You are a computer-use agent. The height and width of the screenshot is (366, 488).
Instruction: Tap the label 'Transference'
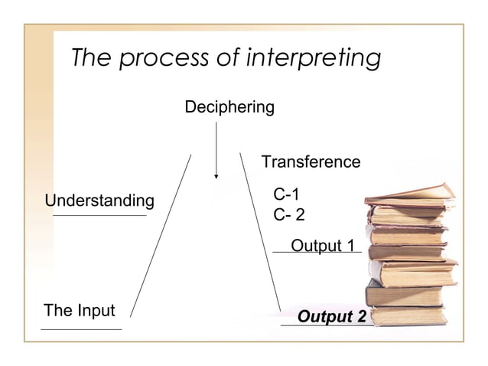click(311, 162)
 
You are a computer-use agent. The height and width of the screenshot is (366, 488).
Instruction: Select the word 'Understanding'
click(99, 201)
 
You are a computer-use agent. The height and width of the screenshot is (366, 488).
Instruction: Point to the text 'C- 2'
click(289, 215)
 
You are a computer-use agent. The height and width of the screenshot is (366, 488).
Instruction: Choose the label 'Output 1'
click(324, 246)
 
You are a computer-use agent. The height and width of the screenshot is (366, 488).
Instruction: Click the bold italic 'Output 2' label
click(330, 317)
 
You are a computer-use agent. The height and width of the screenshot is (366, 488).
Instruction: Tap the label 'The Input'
click(80, 311)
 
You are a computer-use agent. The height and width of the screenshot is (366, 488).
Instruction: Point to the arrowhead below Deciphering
click(216, 175)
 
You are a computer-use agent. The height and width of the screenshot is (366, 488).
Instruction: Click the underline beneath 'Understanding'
click(99, 216)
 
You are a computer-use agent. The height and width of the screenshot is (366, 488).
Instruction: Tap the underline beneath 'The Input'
click(81, 329)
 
